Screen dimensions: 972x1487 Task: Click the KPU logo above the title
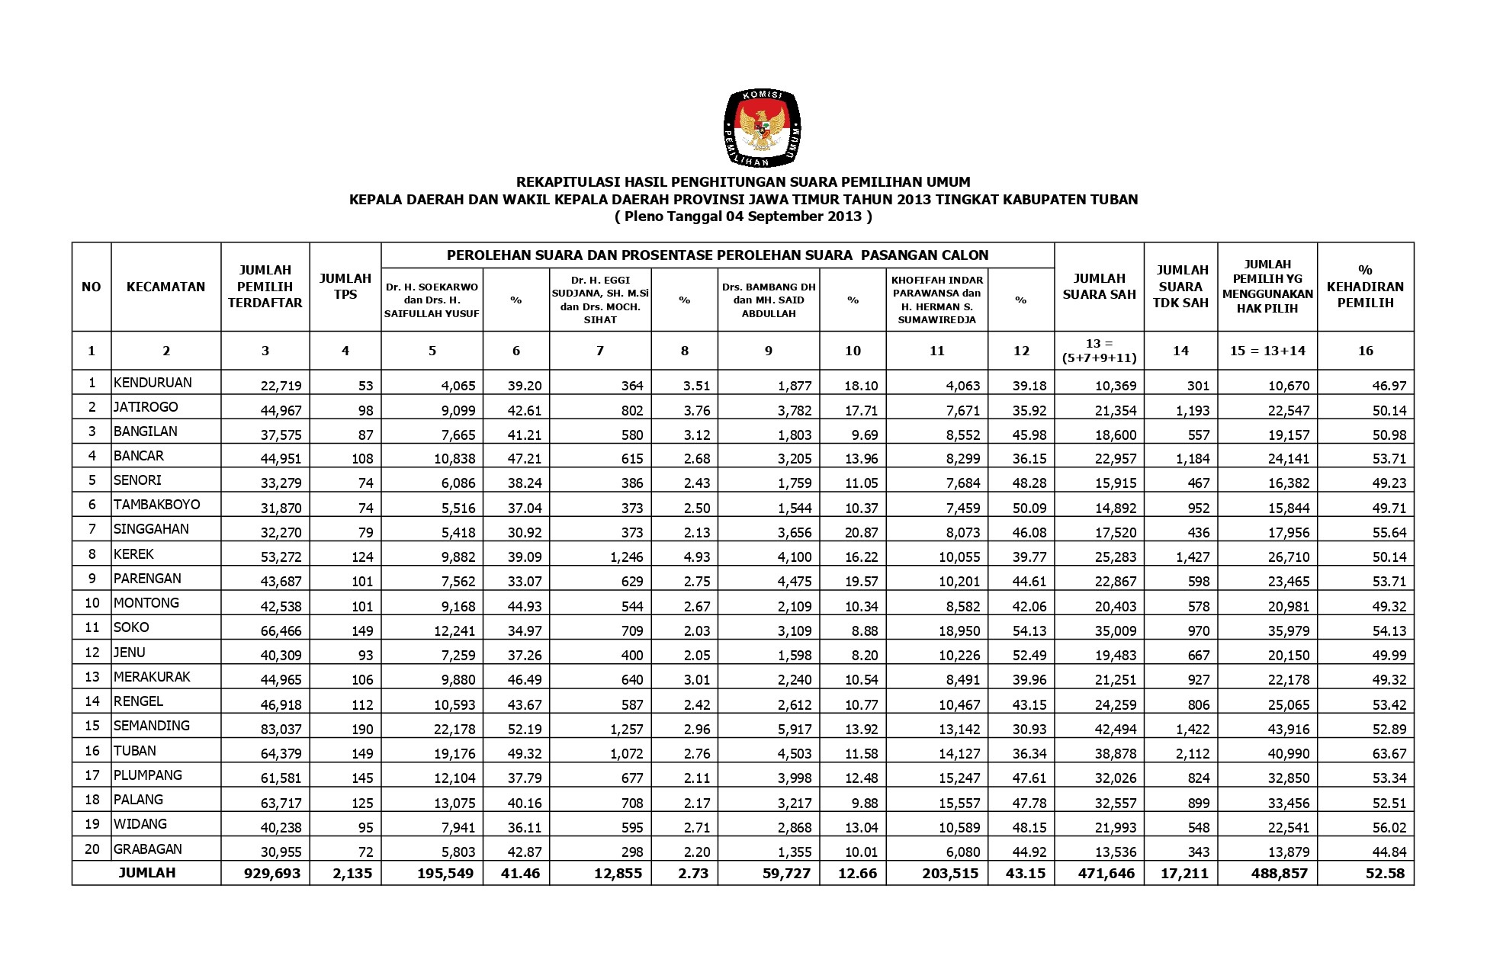[x=762, y=127]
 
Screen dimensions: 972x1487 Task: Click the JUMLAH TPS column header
[x=345, y=287]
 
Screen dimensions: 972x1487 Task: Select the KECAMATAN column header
[x=165, y=287]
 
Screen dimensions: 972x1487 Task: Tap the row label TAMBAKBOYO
[x=156, y=505]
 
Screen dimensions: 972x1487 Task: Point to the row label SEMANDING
[x=152, y=726]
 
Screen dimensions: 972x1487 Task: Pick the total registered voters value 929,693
[x=273, y=874]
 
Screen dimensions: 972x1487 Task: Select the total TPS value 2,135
[x=352, y=874]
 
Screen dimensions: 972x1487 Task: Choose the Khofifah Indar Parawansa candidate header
[x=937, y=300]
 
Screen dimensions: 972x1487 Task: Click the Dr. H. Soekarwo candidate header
[x=432, y=300]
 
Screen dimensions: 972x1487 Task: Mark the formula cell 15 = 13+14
[x=1267, y=351]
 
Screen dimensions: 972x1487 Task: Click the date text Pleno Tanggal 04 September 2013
[x=743, y=217]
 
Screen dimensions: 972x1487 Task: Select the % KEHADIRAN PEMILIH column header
[x=1365, y=287]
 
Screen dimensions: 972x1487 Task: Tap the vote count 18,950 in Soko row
[x=959, y=631]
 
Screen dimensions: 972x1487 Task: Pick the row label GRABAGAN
[x=147, y=849]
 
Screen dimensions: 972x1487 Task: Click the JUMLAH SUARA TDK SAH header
[x=1180, y=287]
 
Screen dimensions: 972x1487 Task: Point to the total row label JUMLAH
[x=147, y=873]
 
